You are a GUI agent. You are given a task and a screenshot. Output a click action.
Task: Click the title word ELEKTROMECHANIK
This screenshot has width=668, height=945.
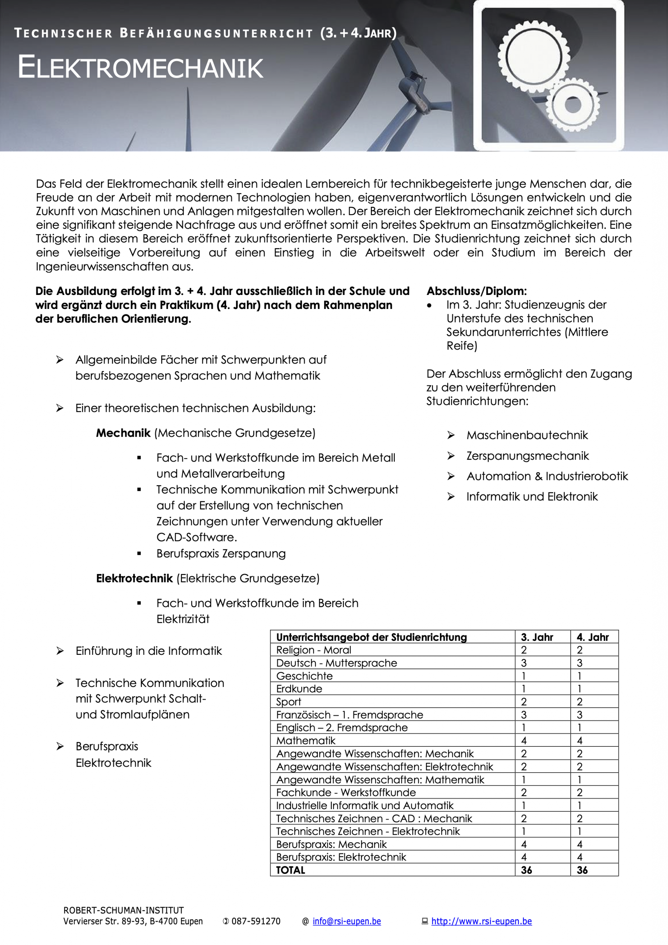click(x=140, y=68)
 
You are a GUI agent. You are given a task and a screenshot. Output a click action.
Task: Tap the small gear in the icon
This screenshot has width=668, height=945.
click(x=572, y=104)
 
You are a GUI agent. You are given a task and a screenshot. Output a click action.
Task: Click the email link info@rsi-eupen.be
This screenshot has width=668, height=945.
click(x=347, y=921)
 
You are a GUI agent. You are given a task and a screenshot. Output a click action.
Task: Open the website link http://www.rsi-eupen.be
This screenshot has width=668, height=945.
click(x=481, y=921)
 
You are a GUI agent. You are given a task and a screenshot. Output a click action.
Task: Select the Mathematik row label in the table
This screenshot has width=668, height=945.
click(x=306, y=741)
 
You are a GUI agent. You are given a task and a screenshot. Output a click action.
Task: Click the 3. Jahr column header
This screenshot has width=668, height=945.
click(x=537, y=637)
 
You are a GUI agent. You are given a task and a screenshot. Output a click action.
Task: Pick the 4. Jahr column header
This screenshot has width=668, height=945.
click(x=592, y=637)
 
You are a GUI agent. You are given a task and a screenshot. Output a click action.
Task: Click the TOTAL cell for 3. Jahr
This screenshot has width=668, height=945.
click(x=526, y=870)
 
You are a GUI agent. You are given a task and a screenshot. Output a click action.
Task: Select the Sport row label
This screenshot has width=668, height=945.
click(x=289, y=702)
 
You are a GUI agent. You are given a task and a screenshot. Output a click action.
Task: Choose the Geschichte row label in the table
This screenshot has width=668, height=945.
click(x=304, y=676)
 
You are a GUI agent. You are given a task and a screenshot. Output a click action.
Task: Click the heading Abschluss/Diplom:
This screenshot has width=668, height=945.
click(x=476, y=291)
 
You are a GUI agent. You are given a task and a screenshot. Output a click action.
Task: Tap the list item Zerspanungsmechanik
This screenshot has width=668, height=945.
click(x=527, y=456)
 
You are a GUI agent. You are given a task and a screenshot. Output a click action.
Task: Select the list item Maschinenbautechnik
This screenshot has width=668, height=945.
click(x=527, y=435)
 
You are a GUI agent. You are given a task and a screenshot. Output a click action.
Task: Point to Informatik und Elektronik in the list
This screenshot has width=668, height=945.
click(x=532, y=496)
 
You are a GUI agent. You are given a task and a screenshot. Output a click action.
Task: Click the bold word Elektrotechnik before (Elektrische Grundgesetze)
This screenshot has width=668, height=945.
click(x=134, y=578)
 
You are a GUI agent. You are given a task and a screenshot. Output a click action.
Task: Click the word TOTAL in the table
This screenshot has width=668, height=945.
click(x=290, y=870)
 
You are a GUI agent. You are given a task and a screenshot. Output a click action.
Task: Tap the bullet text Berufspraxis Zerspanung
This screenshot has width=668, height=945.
click(x=221, y=554)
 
